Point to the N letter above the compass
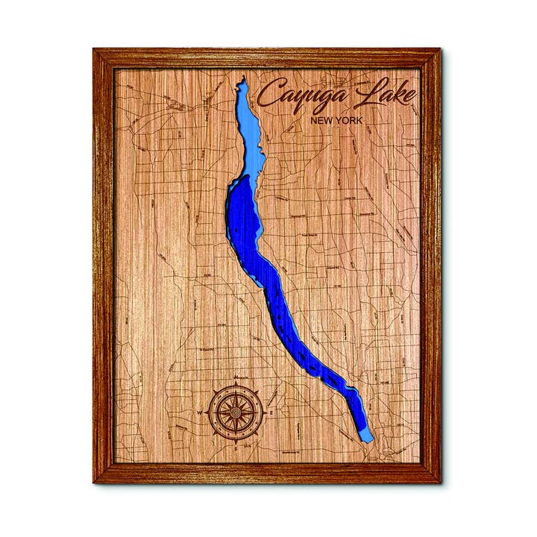pyautogui.click(x=236, y=377)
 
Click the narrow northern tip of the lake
pyautogui.click(x=241, y=81)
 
